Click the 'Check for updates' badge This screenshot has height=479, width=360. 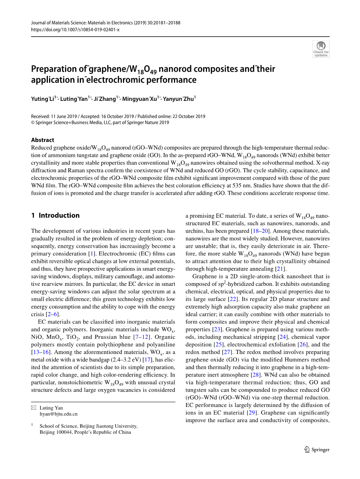point(321,49)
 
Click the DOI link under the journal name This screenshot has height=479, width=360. point(75,30)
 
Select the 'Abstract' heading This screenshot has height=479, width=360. point(42,140)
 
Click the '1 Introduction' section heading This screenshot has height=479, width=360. point(55,215)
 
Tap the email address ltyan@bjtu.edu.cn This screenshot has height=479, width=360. point(58,414)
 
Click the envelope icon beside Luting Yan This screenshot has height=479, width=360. point(33,408)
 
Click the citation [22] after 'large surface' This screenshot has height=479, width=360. point(232,299)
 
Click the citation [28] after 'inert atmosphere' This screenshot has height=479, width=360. point(255,375)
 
